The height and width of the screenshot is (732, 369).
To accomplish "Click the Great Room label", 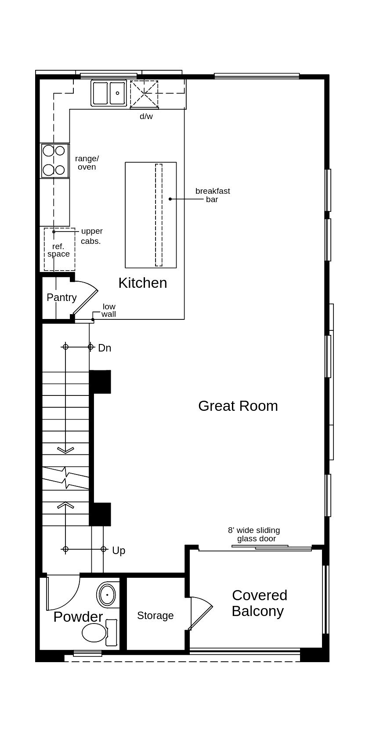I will [x=238, y=406].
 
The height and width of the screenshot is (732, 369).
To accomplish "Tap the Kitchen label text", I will [x=143, y=283].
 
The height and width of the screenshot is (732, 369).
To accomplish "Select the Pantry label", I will [x=61, y=297].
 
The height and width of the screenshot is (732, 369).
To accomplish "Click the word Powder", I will [x=78, y=616].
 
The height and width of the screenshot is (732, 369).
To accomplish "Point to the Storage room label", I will [x=155, y=616].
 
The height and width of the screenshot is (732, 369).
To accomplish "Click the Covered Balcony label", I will [x=259, y=603].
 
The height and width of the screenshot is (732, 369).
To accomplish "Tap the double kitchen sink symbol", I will [x=109, y=93].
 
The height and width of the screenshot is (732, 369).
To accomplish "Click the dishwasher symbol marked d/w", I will [x=144, y=94].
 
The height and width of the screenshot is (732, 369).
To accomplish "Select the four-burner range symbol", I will [x=54, y=160].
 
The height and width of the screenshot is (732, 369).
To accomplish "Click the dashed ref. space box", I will [x=59, y=250].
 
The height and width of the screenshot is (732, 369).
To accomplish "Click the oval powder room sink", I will [x=107, y=595].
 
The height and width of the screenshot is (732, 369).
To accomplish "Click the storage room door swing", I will [x=200, y=612].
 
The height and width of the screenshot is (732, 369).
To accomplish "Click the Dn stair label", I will [x=105, y=348].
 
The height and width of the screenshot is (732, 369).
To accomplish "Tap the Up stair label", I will [x=119, y=551].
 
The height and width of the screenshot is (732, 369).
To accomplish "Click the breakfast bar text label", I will [x=213, y=195].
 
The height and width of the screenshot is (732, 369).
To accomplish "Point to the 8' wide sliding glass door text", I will [x=254, y=534].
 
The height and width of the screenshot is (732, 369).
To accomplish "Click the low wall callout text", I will [x=109, y=310].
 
